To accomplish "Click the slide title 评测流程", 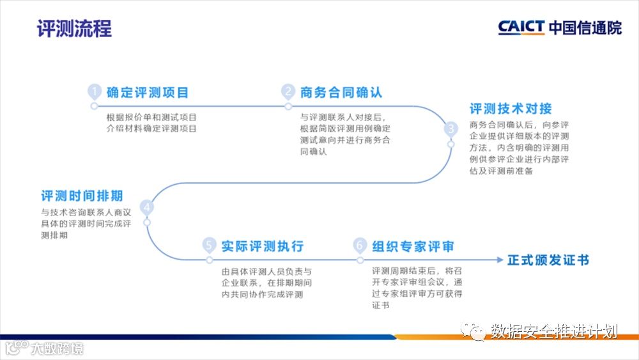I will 74,29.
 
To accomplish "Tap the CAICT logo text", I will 521,27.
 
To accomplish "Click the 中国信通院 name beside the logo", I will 585,27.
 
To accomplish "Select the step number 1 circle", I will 95,91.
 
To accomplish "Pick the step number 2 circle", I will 289,91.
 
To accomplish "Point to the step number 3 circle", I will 451,128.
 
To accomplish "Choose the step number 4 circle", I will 147,207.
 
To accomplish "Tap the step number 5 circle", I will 208,246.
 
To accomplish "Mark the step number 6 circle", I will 360,246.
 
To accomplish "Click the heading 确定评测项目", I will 148,92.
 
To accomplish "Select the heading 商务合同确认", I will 341,92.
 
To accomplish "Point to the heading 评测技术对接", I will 511,109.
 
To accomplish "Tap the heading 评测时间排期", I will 82,195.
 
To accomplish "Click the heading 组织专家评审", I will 413,246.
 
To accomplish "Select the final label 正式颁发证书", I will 548,260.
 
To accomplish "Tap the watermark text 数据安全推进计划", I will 554,331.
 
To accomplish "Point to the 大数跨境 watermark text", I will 58,348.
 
